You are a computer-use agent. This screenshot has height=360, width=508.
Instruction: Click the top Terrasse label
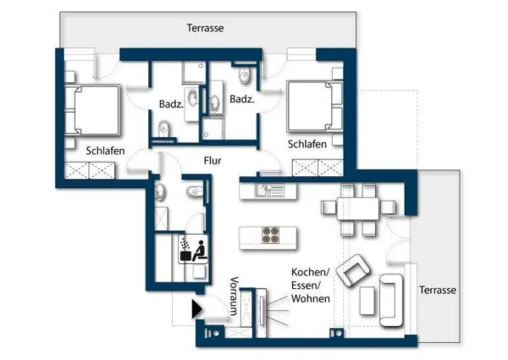pos(205,28)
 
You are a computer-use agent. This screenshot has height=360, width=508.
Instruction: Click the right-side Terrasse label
pos(438,290)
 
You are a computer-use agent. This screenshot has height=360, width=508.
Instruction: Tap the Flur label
pos(212,159)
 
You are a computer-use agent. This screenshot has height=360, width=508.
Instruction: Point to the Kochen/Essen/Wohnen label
pos(310,285)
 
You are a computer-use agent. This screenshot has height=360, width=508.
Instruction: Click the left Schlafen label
pos(106,151)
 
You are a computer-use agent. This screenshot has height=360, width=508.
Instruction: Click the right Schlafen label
pos(307,145)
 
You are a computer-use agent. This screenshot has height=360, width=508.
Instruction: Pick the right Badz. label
pos(243,99)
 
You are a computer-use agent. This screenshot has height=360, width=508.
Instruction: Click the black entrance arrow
pos(197,309)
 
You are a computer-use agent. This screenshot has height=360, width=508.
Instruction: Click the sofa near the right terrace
pos(391,299)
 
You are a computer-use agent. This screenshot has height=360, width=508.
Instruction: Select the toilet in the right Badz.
pos(246,77)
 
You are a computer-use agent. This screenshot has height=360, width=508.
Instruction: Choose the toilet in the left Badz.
pos(164,129)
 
